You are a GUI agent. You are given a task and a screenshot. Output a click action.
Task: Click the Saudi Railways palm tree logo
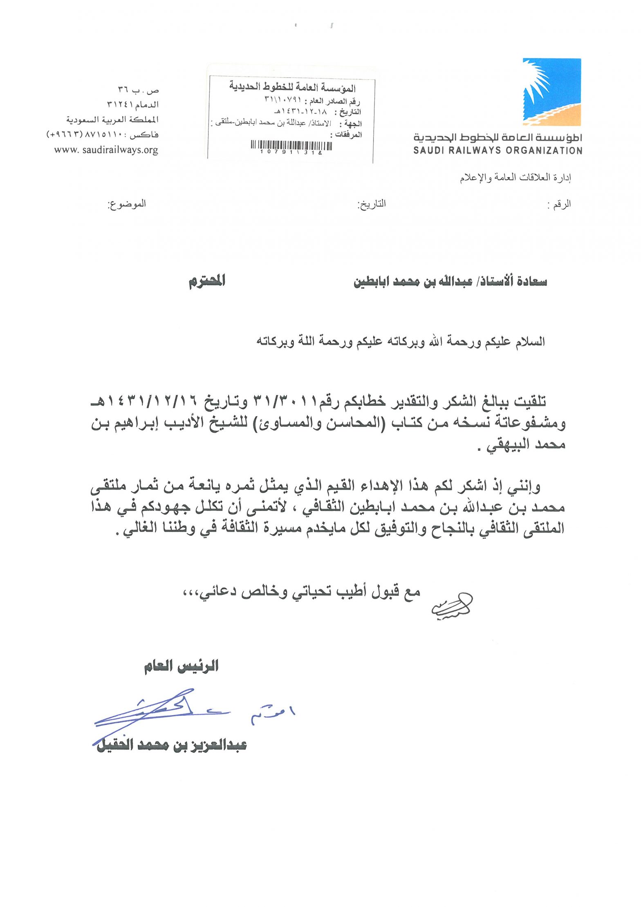click(551, 92)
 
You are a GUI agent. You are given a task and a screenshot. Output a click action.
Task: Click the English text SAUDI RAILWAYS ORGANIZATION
click(498, 151)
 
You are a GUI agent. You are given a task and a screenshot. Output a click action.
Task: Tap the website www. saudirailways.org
click(106, 150)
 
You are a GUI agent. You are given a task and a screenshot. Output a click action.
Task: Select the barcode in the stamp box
click(291, 146)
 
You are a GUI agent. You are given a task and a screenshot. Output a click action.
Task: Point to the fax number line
click(103, 135)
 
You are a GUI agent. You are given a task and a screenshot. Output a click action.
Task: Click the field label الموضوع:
click(126, 204)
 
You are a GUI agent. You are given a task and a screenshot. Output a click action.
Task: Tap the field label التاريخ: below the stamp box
click(372, 204)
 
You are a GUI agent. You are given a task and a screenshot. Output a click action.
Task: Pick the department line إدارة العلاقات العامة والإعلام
click(515, 178)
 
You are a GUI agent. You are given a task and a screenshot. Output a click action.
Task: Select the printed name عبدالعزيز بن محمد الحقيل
click(172, 745)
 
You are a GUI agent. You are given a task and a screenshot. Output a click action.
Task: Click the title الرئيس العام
click(181, 666)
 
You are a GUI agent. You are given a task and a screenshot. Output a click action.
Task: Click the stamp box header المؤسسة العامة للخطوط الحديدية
click(292, 87)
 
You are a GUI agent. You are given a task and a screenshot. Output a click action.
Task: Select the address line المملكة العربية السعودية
click(112, 120)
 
